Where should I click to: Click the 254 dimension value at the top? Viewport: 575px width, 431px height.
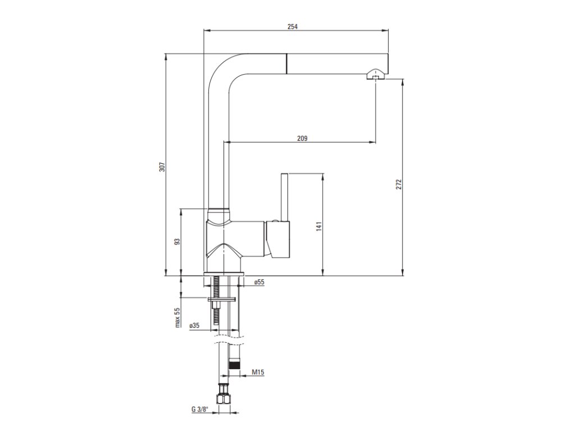coord(293,26)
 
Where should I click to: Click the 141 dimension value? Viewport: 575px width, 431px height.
coord(318,226)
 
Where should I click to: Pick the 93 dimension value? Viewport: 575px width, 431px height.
coord(176,242)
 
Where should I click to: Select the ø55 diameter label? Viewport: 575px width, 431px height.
coord(258,282)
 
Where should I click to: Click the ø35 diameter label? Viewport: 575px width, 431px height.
coord(194,325)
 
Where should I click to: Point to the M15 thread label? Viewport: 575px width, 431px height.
coord(258,372)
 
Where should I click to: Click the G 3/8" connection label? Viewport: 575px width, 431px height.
coord(199,409)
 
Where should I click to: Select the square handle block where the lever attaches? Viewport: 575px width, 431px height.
coord(279,240)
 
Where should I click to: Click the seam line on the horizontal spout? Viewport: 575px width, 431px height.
coord(288,63)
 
